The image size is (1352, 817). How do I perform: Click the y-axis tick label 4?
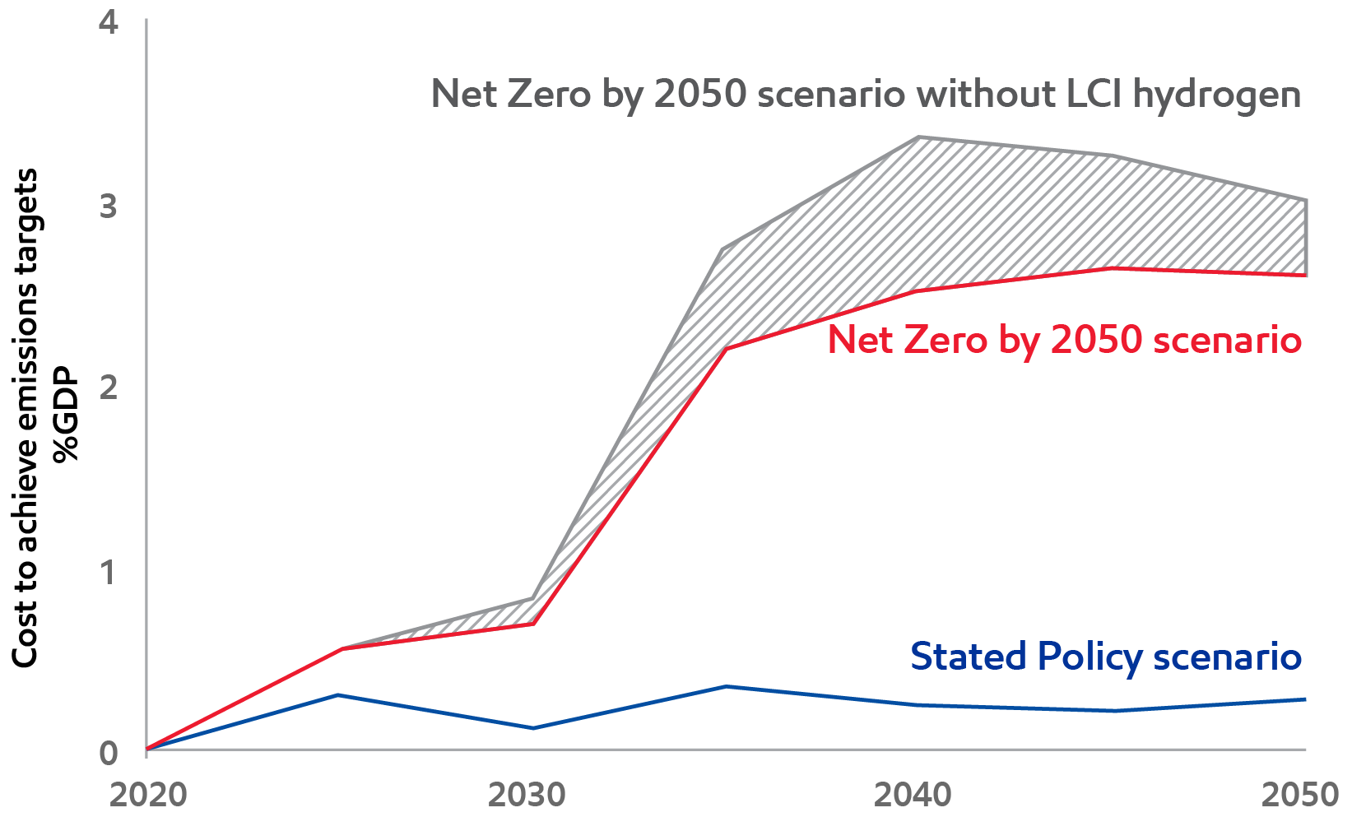coord(109,23)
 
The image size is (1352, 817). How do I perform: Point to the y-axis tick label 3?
coord(109,207)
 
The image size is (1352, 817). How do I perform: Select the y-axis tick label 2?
coord(109,388)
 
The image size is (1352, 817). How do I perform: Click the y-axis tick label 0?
coord(109,753)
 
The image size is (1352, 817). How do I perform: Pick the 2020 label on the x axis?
coord(148,796)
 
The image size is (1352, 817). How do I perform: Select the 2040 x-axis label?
coord(913,796)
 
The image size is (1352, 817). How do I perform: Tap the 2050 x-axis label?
coord(1300,796)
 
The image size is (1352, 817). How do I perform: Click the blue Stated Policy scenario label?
coord(1105,657)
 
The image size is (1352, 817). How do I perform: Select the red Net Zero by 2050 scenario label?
coord(1064,339)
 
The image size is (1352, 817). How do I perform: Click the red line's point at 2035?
coord(725,349)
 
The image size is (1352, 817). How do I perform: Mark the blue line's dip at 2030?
coord(532,728)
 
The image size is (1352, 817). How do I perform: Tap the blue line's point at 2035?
coord(725,686)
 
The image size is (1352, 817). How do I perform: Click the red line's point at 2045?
coord(1112,268)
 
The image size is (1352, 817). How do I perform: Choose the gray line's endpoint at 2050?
coord(1305,200)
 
